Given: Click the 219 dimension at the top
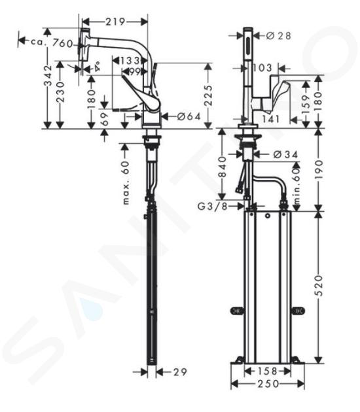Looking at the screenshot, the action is pyautogui.click(x=115, y=22).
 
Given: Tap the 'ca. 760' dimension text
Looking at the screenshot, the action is pyautogui.click(x=52, y=43).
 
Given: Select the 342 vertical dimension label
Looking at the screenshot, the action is pyautogui.click(x=48, y=76).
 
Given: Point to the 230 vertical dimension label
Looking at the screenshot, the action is pyautogui.click(x=60, y=92).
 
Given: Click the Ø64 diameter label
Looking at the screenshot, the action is pyautogui.click(x=189, y=116).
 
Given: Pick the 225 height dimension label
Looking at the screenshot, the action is pyautogui.click(x=209, y=95).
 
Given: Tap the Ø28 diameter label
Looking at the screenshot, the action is pyautogui.click(x=279, y=36).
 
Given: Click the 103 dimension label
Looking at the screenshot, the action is pyautogui.click(x=262, y=68).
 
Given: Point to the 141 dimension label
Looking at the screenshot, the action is pyautogui.click(x=271, y=119).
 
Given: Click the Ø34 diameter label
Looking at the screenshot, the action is pyautogui.click(x=285, y=154).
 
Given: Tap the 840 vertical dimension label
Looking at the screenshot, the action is pyautogui.click(x=223, y=167).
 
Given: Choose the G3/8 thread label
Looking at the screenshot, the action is pyautogui.click(x=212, y=207).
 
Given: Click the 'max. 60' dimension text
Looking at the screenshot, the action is pyautogui.click(x=126, y=182).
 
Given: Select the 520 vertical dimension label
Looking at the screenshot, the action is pyautogui.click(x=319, y=285).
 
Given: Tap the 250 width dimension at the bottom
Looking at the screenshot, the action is pyautogui.click(x=268, y=384).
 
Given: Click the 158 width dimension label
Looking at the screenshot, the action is pyautogui.click(x=268, y=371).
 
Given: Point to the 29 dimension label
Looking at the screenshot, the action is pyautogui.click(x=180, y=372).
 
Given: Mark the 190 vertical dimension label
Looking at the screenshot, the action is pyautogui.click(x=319, y=169).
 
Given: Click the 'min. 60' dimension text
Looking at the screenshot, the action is pyautogui.click(x=297, y=186).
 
